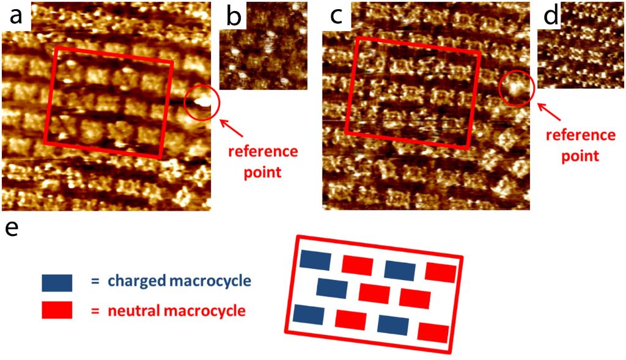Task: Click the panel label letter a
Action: pyautogui.click(x=15, y=16)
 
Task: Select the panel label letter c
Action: pyautogui.click(x=335, y=16)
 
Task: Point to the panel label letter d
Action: pyautogui.click(x=551, y=17)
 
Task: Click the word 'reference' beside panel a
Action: pyautogui.click(x=263, y=151)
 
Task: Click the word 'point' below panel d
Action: pyautogui.click(x=580, y=156)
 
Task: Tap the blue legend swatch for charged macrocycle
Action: pyautogui.click(x=57, y=282)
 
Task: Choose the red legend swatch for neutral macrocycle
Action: pyautogui.click(x=57, y=310)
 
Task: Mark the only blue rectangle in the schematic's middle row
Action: pyautogui.click(x=332, y=288)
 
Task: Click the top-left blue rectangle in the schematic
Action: pyautogui.click(x=315, y=260)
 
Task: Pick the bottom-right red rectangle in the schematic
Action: pyautogui.click(x=433, y=332)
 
